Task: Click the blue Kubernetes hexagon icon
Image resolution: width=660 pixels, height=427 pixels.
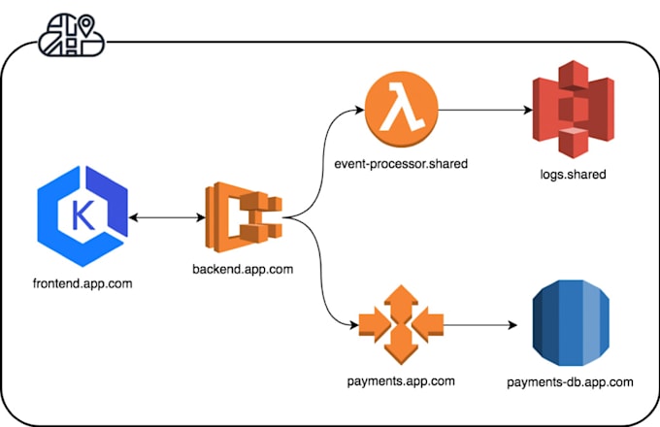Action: (82, 216)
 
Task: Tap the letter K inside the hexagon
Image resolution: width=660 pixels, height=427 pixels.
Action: (82, 215)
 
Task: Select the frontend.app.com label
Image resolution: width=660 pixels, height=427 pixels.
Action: (82, 283)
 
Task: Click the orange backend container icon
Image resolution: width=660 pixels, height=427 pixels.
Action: (244, 217)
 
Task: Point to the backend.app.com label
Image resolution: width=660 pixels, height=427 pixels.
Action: (243, 269)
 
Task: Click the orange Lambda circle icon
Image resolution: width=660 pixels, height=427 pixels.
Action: (402, 110)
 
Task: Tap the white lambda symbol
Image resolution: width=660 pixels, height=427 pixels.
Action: (402, 107)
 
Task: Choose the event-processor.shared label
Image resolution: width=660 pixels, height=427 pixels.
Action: (401, 164)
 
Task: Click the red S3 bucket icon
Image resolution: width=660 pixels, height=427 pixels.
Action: (574, 110)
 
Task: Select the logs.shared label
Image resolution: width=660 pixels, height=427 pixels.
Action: (574, 174)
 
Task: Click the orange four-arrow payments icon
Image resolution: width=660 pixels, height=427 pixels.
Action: (401, 325)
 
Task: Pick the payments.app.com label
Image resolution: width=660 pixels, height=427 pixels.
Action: (401, 381)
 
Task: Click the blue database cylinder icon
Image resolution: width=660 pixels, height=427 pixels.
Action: (571, 323)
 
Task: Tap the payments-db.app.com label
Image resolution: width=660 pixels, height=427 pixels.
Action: (570, 382)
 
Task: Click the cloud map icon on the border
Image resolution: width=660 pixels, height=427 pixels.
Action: (72, 35)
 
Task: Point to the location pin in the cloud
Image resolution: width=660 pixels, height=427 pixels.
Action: (86, 25)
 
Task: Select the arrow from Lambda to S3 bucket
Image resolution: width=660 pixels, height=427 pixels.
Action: (485, 110)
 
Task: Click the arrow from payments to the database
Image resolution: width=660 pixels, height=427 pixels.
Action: (480, 325)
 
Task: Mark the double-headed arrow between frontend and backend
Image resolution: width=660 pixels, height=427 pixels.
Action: (167, 217)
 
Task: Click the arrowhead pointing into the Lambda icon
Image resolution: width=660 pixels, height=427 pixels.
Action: (360, 111)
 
